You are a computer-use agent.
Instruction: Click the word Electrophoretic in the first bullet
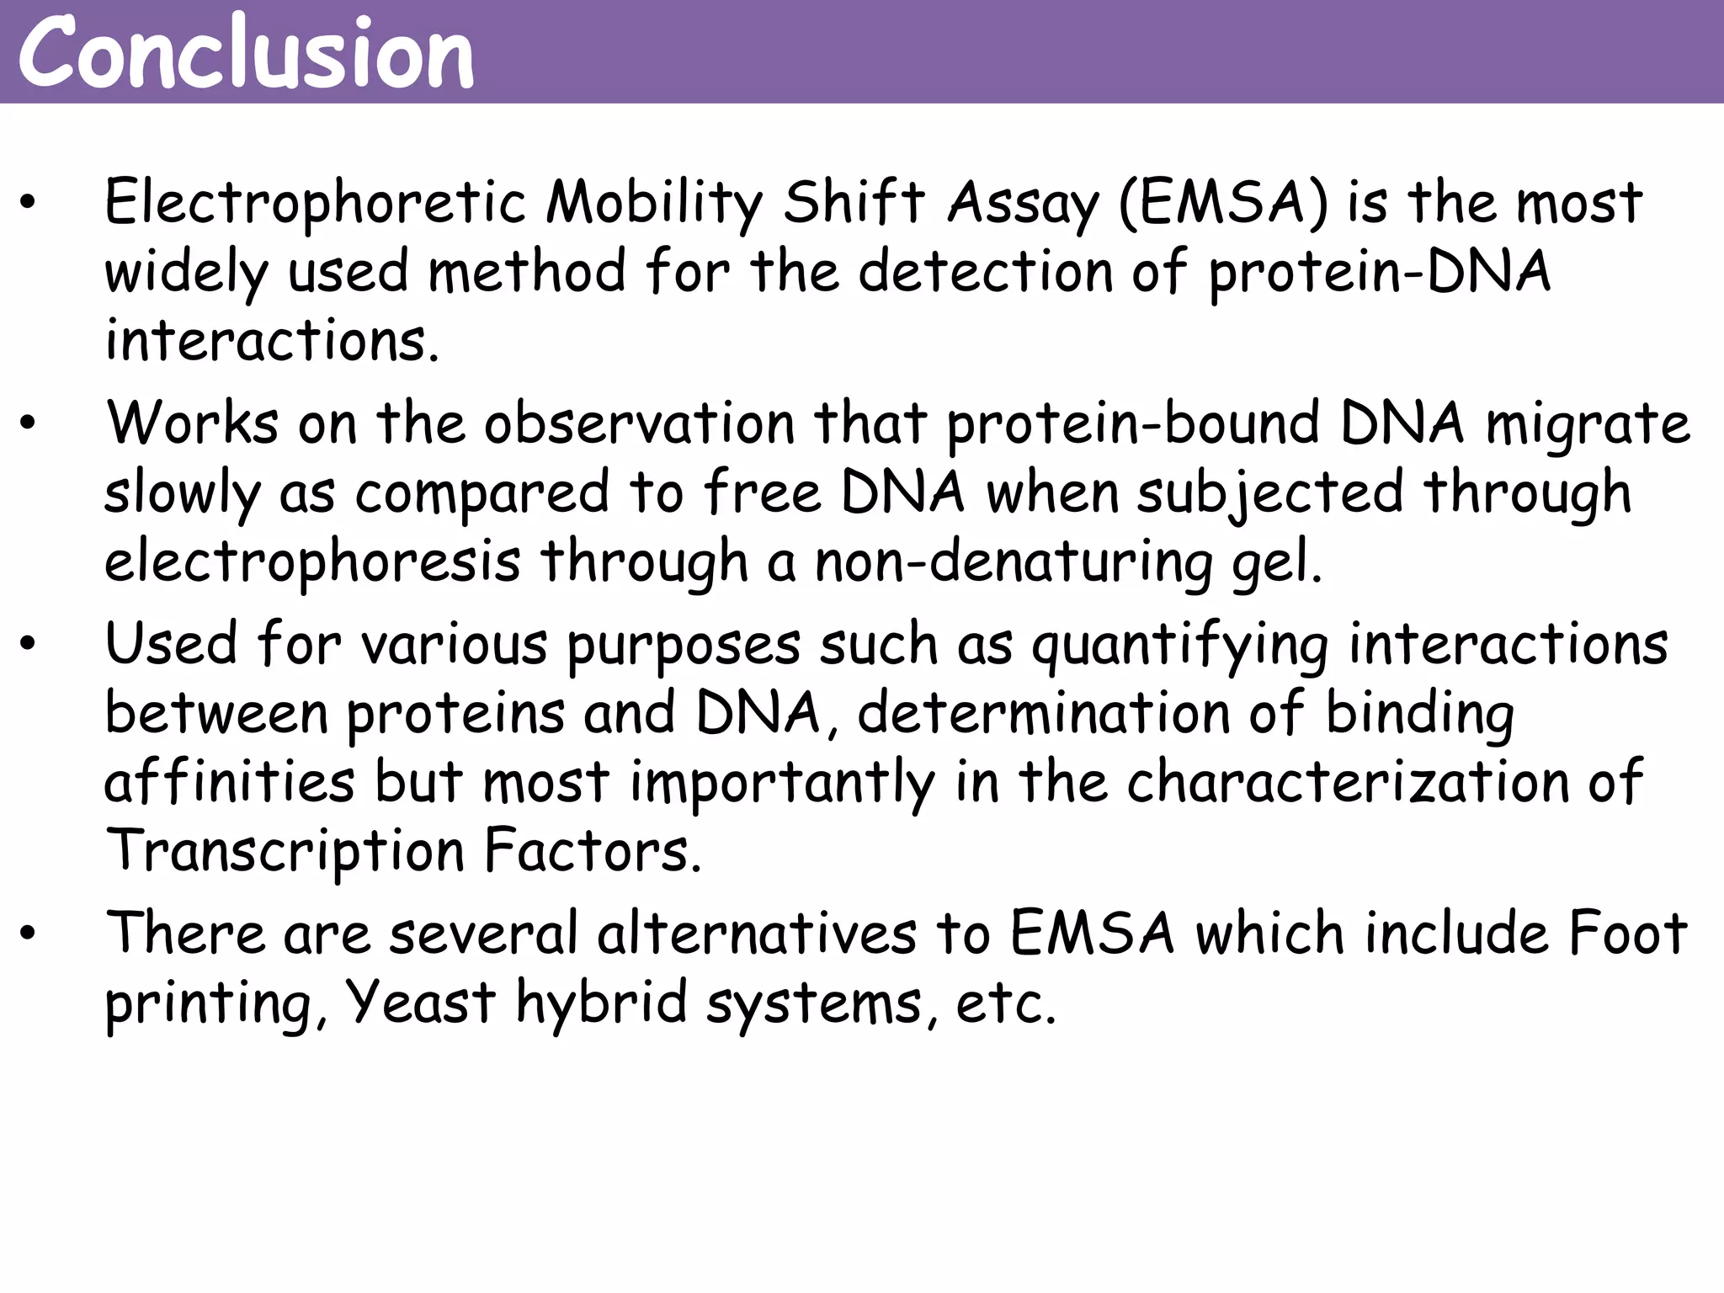(315, 204)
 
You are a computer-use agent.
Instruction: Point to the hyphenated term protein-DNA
(1379, 273)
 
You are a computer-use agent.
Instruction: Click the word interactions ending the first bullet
(271, 341)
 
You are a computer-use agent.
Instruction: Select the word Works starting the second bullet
(192, 423)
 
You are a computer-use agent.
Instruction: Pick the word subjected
(1270, 493)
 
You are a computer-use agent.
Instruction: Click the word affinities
(229, 781)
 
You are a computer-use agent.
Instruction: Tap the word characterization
(1348, 781)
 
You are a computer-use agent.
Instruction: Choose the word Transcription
(285, 852)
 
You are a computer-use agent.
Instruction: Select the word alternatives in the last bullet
(757, 934)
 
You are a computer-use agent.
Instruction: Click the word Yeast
(420, 1003)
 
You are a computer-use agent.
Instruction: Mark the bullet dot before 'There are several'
(29, 934)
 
